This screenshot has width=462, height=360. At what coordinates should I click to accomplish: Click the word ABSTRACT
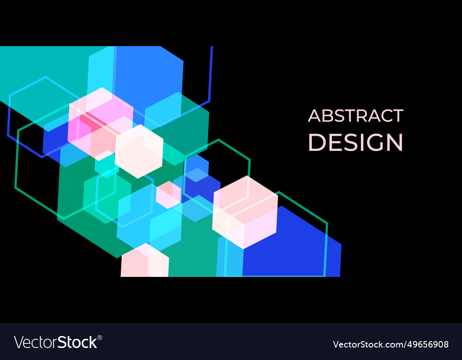coord(355,116)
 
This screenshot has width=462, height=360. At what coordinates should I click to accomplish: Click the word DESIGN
coord(355,143)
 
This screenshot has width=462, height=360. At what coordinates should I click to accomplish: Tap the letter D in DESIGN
coord(316,143)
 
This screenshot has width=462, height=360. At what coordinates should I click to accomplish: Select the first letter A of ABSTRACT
coord(314,116)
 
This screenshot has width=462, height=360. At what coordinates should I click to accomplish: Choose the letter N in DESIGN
coord(394,143)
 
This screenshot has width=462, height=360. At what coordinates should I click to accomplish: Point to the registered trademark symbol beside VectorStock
coord(100,338)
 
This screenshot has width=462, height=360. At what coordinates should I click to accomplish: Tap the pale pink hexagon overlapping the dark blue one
coord(245,212)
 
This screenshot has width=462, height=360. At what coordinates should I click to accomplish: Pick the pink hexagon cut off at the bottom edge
coord(145,262)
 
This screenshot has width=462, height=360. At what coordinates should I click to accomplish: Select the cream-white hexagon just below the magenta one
coord(139,151)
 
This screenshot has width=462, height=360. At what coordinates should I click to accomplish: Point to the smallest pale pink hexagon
coord(168,194)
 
